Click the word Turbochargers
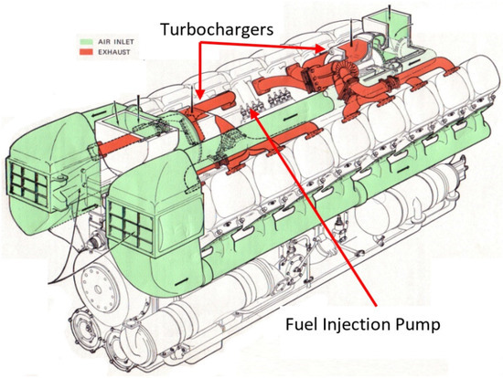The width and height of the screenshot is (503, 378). [217, 29]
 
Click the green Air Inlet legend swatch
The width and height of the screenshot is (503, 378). [86, 42]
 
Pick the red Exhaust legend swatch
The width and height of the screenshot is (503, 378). [86, 52]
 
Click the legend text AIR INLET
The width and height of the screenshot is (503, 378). [116, 42]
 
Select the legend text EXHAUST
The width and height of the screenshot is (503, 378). [114, 52]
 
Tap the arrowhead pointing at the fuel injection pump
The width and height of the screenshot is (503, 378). [253, 112]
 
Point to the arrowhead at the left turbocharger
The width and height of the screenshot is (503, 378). [200, 94]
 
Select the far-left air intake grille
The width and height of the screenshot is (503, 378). [28, 184]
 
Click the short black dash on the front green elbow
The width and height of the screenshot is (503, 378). [182, 281]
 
